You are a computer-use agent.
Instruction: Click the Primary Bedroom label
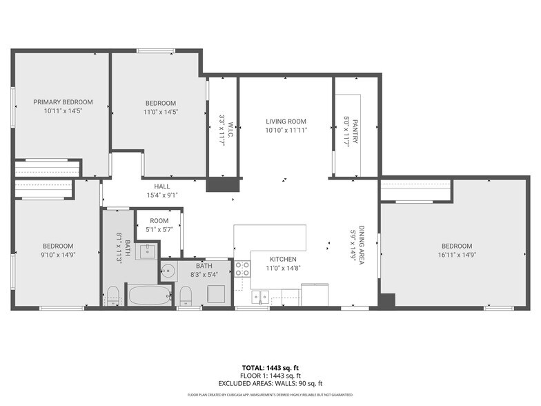(63, 102)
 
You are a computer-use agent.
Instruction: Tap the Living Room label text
(286, 122)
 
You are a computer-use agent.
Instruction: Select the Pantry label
(355, 131)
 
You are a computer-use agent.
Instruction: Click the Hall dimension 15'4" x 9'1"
(162, 195)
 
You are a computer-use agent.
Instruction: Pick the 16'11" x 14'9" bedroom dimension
(457, 255)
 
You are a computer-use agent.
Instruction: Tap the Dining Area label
(362, 245)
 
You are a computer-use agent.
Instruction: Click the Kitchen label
(283, 260)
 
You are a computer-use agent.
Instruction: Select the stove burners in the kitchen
(243, 269)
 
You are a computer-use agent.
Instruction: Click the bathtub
(150, 295)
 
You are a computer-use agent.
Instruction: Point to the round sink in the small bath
(168, 271)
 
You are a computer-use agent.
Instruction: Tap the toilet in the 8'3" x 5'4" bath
(186, 296)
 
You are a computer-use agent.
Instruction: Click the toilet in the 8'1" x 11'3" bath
(113, 296)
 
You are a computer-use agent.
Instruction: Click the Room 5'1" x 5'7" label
(159, 225)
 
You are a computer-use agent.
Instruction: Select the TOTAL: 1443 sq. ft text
(270, 368)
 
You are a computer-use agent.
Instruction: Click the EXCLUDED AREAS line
(270, 384)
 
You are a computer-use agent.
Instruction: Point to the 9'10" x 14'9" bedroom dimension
(58, 255)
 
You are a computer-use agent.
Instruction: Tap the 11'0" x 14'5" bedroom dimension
(161, 112)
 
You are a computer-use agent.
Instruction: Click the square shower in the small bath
(217, 294)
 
